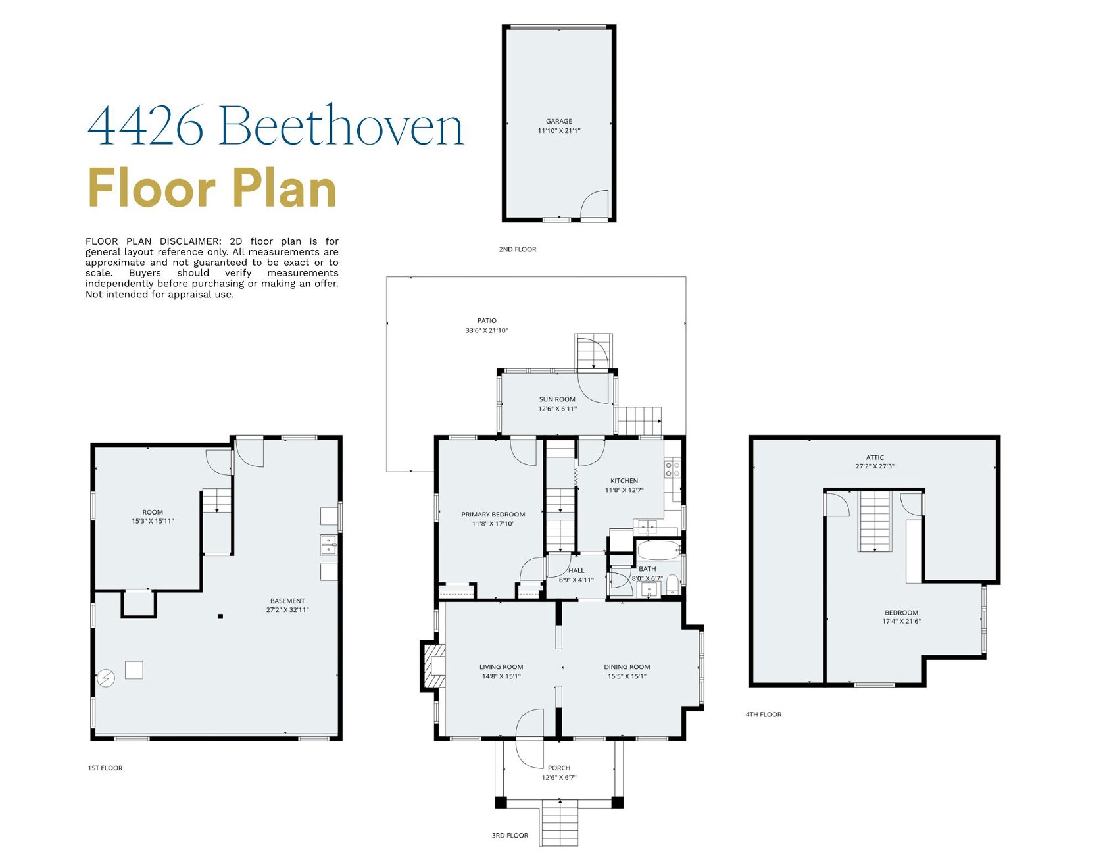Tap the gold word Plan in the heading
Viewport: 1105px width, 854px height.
click(284, 189)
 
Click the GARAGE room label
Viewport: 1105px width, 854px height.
click(558, 121)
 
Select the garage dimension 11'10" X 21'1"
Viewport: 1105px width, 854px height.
click(558, 131)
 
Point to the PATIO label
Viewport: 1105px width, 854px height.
click(487, 320)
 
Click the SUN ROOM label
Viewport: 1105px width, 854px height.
click(557, 399)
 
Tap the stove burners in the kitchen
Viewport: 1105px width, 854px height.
click(672, 469)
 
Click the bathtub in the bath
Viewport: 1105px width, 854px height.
click(658, 550)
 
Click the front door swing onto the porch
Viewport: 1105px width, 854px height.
click(531, 729)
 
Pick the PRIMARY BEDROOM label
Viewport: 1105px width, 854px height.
click(493, 515)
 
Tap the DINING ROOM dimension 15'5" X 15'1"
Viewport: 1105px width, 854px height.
click(627, 676)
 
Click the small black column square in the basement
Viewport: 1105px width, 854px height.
click(220, 616)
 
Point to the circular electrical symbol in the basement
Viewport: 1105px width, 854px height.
click(106, 678)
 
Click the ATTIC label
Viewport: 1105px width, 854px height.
click(874, 457)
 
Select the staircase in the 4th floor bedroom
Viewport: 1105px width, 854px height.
click(874, 521)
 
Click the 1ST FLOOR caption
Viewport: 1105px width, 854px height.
click(105, 768)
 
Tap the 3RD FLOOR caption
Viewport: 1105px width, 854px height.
click(510, 836)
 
